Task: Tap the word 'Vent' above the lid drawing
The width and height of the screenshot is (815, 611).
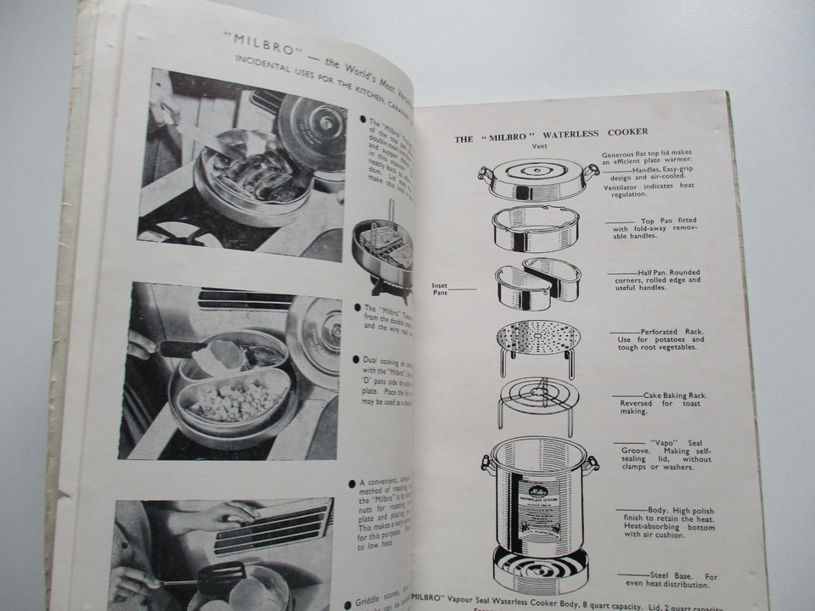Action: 539,146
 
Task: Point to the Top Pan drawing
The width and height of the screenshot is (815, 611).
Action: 536,227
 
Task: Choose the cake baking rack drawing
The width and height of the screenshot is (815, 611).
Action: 537,399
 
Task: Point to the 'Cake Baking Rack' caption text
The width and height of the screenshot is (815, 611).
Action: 674,395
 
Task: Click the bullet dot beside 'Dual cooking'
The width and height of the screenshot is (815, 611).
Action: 355,360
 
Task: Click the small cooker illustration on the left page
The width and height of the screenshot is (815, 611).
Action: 384,250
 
